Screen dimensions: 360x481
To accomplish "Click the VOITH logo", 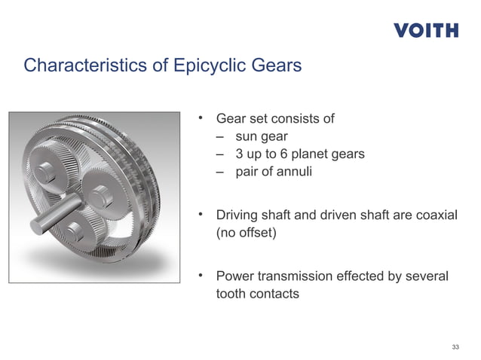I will click(425, 30).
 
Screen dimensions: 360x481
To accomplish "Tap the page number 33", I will click(455, 346).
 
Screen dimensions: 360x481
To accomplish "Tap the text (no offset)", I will click(247, 233).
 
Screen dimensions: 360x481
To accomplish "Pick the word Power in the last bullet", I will click(235, 276).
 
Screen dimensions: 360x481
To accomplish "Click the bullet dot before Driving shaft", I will click(201, 215).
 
